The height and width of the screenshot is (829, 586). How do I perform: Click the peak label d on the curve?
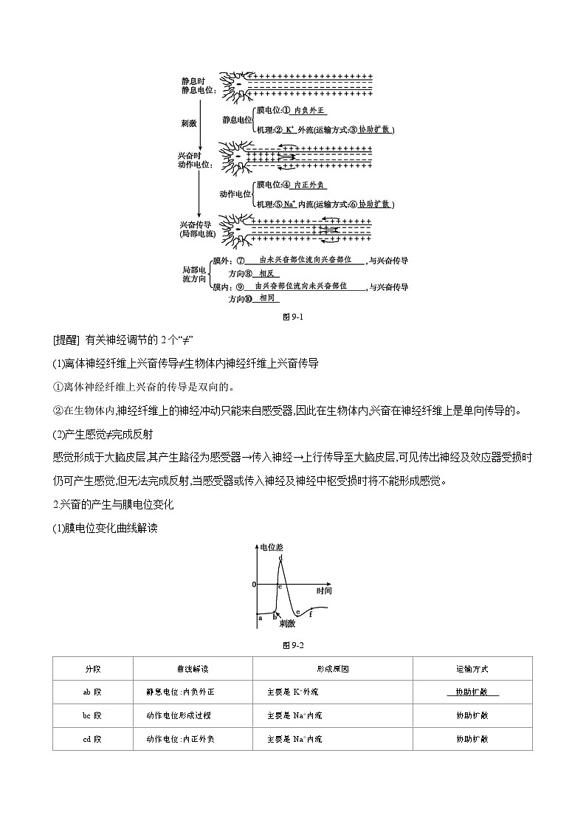click(280, 557)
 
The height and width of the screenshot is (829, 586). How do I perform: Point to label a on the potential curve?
click(261, 618)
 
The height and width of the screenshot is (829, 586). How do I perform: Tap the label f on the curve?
click(311, 613)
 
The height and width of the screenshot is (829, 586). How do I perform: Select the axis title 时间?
click(323, 591)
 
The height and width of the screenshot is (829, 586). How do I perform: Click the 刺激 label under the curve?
click(287, 624)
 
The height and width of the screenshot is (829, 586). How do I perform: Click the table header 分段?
click(92, 669)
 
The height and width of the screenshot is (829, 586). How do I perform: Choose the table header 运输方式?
click(472, 669)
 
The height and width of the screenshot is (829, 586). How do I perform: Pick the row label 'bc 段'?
click(92, 715)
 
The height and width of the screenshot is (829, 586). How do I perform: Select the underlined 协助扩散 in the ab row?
click(472, 692)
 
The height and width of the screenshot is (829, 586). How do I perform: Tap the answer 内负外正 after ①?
click(308, 110)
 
